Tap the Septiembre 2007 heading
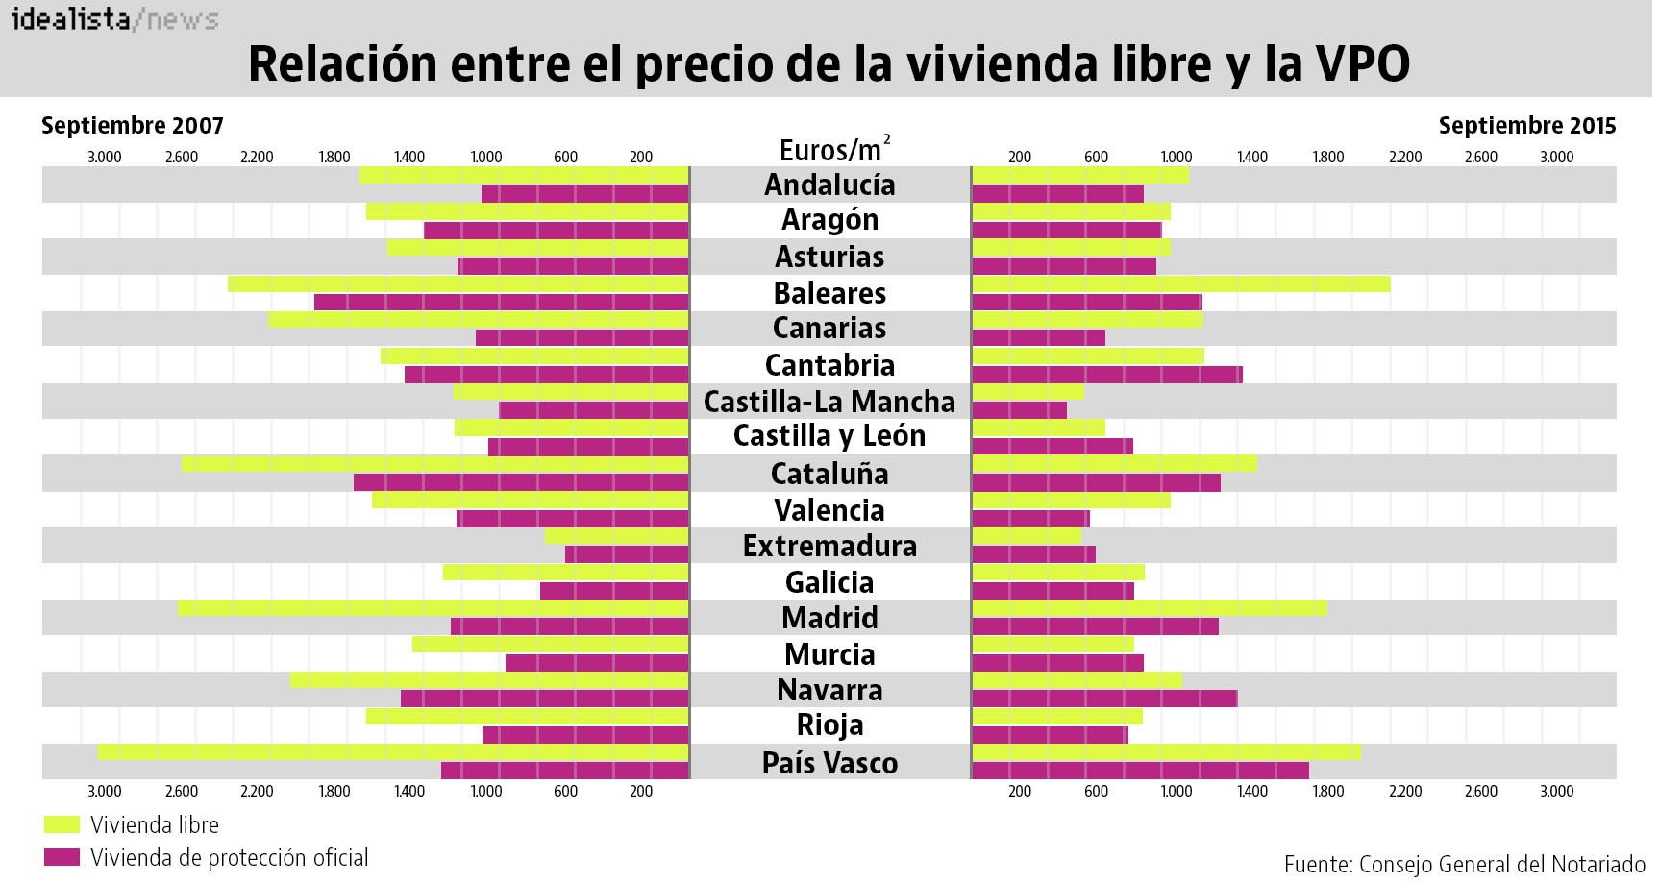(x=133, y=126)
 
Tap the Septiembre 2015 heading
(x=1526, y=126)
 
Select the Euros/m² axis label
(x=833, y=150)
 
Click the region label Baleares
(x=829, y=293)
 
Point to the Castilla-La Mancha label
(x=829, y=402)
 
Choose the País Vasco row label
(x=829, y=763)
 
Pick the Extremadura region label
(x=829, y=546)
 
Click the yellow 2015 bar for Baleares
(x=1180, y=284)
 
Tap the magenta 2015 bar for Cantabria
(x=1106, y=375)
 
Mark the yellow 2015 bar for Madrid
(x=1149, y=608)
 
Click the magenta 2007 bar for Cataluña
(x=521, y=482)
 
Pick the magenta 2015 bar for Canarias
(x=1038, y=338)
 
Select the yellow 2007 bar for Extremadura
(x=616, y=536)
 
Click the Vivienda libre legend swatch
(x=62, y=824)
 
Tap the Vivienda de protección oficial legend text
(x=229, y=858)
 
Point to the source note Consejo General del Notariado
(x=1465, y=864)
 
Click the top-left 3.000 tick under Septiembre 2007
(x=105, y=158)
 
